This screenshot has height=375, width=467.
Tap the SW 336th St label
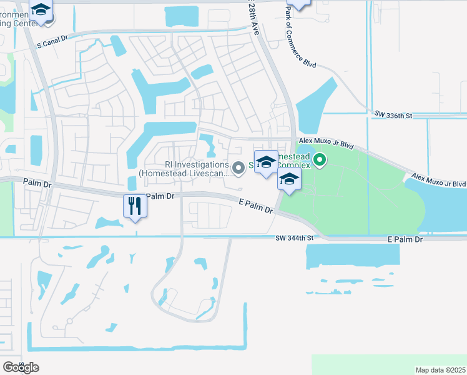tap(393, 115)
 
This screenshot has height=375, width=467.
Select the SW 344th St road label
tap(293, 239)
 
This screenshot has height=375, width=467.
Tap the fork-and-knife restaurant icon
tap(135, 206)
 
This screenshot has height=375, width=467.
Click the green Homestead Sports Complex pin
tap(320, 161)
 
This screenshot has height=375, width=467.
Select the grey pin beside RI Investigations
tap(238, 167)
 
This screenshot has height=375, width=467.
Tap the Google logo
tap(20, 367)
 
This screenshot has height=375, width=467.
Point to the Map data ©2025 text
tap(440, 370)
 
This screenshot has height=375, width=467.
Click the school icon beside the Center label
tap(41, 11)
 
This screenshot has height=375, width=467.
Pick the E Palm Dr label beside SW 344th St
tap(405, 239)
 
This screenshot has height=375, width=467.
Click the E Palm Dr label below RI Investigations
tap(257, 206)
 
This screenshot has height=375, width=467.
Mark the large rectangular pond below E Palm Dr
tap(353, 256)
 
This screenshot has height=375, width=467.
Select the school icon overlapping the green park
tap(289, 180)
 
